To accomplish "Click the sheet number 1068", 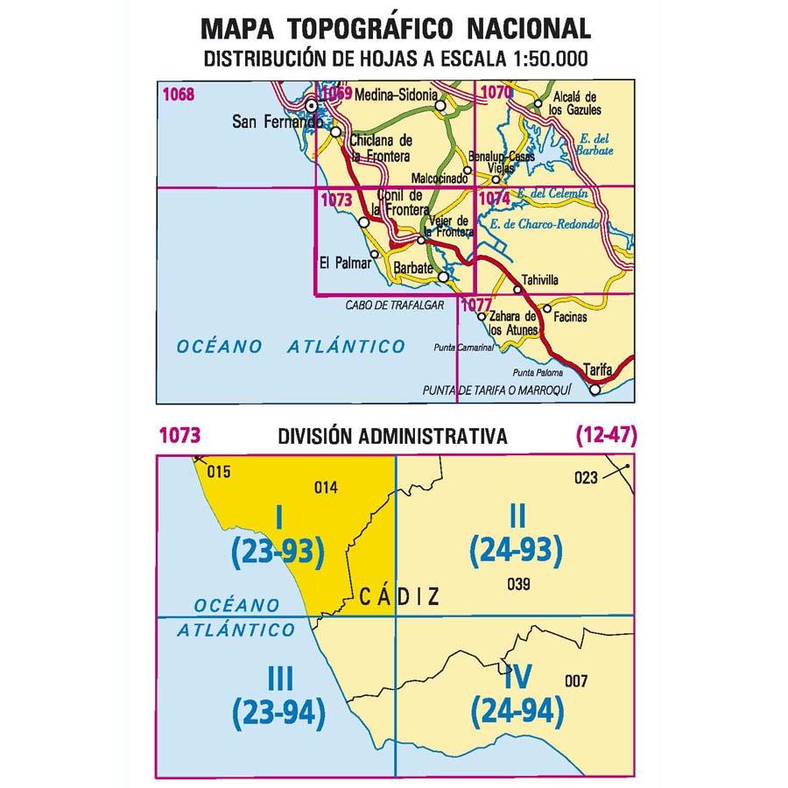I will point(178,95).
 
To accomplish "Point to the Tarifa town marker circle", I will point(596,390).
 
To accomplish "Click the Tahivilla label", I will point(538,281).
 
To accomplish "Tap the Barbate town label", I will point(409,267).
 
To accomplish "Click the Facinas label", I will point(570,317).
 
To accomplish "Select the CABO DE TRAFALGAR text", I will point(396,305).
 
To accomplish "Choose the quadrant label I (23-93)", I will point(278,536).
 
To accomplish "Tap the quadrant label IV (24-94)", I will point(517,695).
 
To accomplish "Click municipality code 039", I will point(519,585).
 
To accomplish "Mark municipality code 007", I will point(577,681).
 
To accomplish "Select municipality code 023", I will point(586,477).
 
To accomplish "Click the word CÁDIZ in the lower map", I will point(399,596).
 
